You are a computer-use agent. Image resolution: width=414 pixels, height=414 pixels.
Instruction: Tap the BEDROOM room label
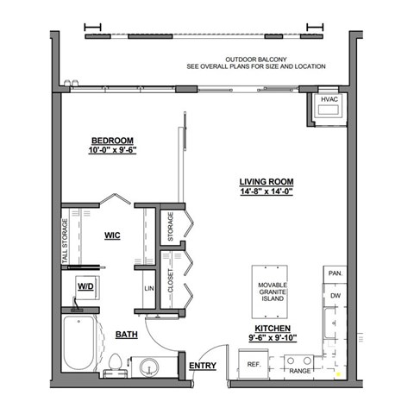pos(112,140)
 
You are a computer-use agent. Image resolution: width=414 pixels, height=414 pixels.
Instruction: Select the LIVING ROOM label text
pos(267,181)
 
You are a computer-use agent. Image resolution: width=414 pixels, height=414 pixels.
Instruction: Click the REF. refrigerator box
pos(254,365)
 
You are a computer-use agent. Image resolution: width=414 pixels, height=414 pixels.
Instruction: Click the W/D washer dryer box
pos(85,285)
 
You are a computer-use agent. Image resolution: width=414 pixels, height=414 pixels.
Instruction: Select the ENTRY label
pos(204,365)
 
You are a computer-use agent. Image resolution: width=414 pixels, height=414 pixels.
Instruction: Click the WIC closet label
pos(112,233)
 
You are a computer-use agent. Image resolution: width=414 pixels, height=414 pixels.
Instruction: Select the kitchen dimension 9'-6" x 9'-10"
pos(267,338)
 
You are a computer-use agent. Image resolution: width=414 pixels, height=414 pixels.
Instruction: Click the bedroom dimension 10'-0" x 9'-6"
pos(112,150)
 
